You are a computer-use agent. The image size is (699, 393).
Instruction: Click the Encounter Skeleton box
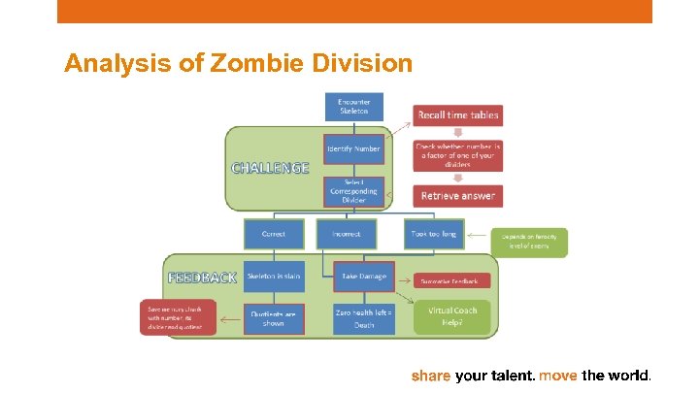pyautogui.click(x=353, y=107)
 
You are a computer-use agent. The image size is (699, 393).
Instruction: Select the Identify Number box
pyautogui.click(x=353, y=147)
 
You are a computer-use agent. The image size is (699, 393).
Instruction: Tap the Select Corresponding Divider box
pyautogui.click(x=353, y=191)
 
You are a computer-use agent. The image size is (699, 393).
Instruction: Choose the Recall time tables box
pyautogui.click(x=458, y=115)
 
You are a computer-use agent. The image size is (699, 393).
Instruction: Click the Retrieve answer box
pyautogui.click(x=458, y=195)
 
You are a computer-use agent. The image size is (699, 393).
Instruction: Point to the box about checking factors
pyautogui.click(x=458, y=154)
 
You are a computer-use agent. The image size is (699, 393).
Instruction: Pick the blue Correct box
pyautogui.click(x=273, y=233)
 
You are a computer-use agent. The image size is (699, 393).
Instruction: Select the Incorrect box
pyautogui.click(x=347, y=233)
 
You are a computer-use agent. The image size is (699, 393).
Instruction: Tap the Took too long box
pyautogui.click(x=433, y=233)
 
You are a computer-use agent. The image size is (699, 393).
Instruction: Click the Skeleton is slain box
pyautogui.click(x=274, y=277)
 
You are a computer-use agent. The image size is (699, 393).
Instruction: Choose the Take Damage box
pyautogui.click(x=363, y=277)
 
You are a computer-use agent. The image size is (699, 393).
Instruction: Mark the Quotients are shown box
pyautogui.click(x=274, y=318)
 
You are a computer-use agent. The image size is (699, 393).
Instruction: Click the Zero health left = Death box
pyautogui.click(x=363, y=318)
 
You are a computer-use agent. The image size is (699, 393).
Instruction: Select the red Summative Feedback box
pyautogui.click(x=452, y=280)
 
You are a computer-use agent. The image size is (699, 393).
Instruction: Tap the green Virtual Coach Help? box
pyautogui.click(x=452, y=316)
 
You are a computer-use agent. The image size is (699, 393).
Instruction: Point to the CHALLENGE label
pyautogui.click(x=270, y=167)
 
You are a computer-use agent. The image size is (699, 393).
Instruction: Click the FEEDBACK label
pyautogui.click(x=202, y=277)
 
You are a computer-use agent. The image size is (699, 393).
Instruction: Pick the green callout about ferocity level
pyautogui.click(x=530, y=242)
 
